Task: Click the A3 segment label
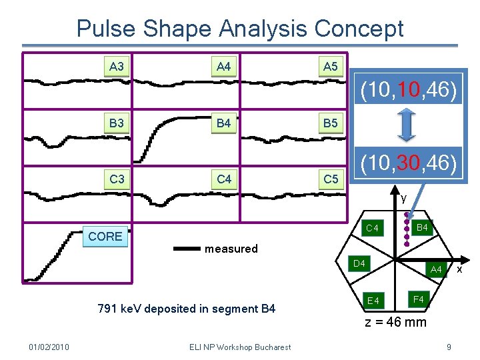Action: (117, 67)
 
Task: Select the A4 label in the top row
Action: (223, 67)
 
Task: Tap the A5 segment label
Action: (331, 67)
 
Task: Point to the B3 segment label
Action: (117, 123)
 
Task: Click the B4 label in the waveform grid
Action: (223, 123)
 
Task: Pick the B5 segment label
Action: (331, 123)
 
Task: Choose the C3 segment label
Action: (117, 179)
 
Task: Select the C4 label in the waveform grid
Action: (223, 179)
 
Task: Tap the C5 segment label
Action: (331, 179)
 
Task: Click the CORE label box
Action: (105, 236)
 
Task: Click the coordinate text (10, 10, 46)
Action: (408, 91)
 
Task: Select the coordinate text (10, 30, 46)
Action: (408, 163)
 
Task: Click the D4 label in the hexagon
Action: (359, 264)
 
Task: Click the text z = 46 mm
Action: (395, 323)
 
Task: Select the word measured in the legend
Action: (231, 249)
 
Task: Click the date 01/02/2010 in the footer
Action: (50, 347)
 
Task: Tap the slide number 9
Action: (449, 347)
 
